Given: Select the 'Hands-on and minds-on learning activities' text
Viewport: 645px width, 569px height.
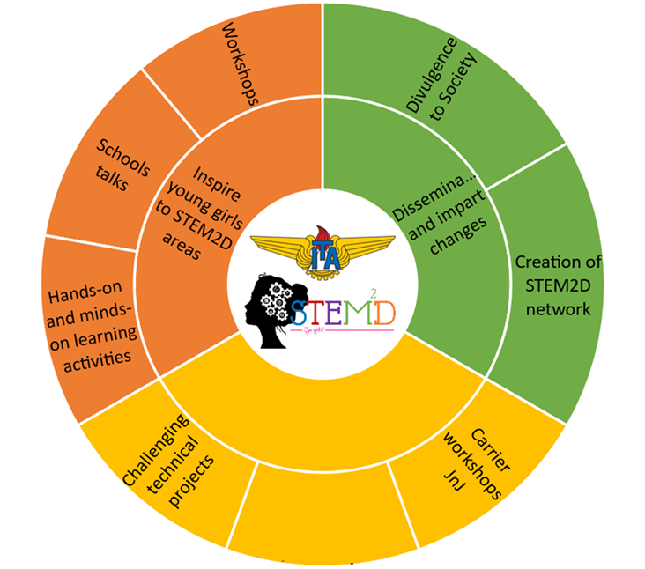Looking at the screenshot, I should click(92, 321).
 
